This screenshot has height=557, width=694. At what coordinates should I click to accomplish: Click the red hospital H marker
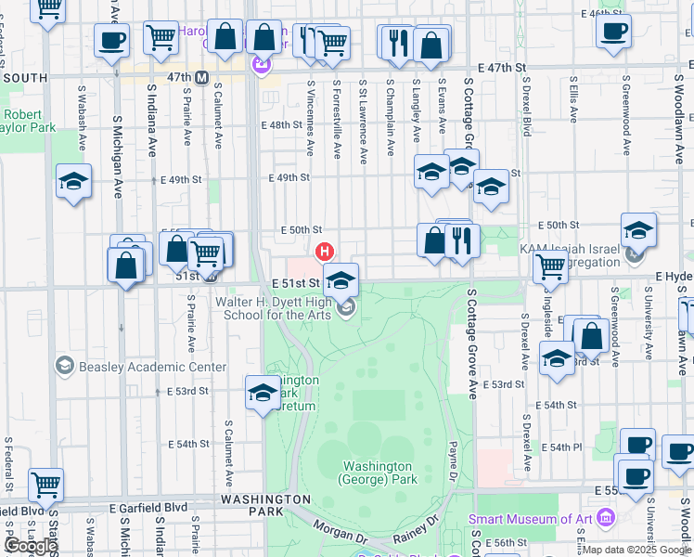pos(325,251)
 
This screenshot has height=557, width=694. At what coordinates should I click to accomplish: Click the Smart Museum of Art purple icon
pos(607,516)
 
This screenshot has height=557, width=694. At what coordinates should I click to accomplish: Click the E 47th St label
pos(502,68)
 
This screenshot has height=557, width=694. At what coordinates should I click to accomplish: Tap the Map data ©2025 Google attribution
pos(636,550)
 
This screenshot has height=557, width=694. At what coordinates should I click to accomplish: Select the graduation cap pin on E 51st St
pos(341,279)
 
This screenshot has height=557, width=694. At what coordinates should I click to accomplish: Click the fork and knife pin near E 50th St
pos(461,240)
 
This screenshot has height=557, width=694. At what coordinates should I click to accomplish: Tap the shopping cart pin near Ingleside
pos(550,266)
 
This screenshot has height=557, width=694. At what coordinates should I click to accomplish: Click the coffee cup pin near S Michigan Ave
pos(111,41)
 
